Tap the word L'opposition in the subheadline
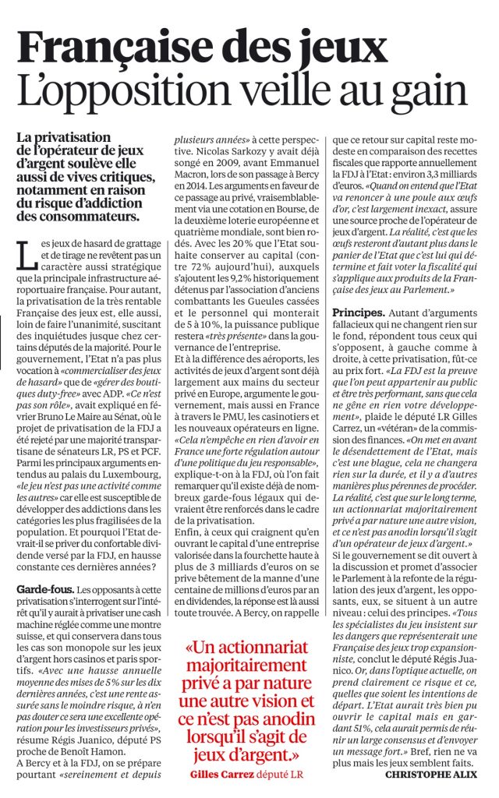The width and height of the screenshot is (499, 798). click(x=108, y=92)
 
